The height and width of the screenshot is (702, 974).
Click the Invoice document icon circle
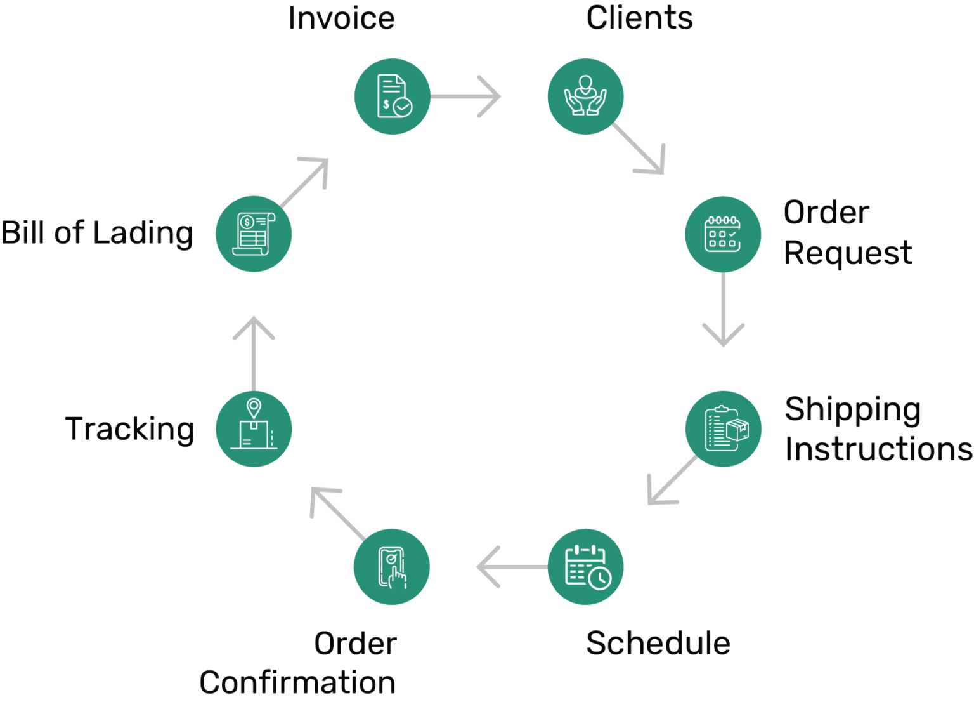click(393, 96)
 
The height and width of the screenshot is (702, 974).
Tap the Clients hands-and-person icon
click(585, 96)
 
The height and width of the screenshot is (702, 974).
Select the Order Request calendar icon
click(723, 234)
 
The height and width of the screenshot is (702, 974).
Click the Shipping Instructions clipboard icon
click(724, 429)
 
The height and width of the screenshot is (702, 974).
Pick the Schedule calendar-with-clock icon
click(585, 567)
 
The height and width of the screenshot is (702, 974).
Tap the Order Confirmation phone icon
click(392, 567)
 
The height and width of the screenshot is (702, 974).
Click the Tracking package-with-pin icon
click(254, 429)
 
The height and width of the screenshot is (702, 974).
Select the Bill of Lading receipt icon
click(254, 234)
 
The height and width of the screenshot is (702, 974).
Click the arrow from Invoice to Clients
click(466, 96)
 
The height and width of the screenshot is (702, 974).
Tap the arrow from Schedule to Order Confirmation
click(510, 567)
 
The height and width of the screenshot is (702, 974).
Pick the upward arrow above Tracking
click(254, 353)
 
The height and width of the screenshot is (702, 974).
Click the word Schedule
click(658, 643)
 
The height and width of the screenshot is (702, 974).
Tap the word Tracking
click(130, 429)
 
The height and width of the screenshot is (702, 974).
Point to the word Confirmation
click(297, 683)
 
